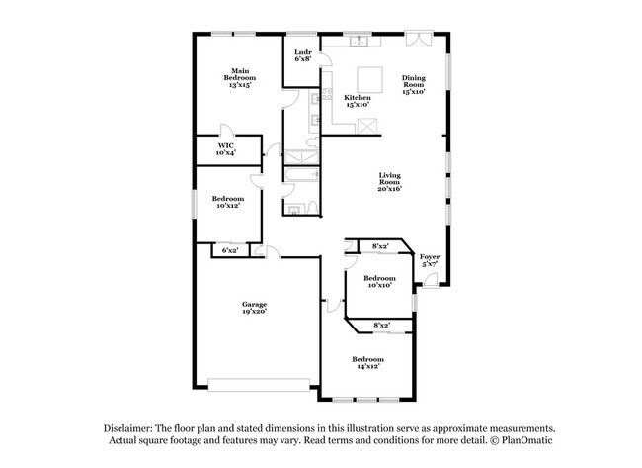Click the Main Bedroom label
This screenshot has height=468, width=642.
(240, 78)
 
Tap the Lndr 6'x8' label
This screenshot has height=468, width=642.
(303, 55)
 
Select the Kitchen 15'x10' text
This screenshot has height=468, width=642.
(358, 101)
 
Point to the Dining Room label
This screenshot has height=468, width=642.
(414, 84)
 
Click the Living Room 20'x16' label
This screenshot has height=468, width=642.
(389, 182)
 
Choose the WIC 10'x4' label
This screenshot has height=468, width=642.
(225, 149)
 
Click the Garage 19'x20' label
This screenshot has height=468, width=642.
(256, 308)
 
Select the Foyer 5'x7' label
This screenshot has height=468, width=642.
(431, 261)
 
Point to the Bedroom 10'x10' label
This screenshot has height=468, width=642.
(379, 282)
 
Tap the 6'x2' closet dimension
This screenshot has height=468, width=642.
(230, 251)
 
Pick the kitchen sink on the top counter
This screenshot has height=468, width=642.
(359, 44)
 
